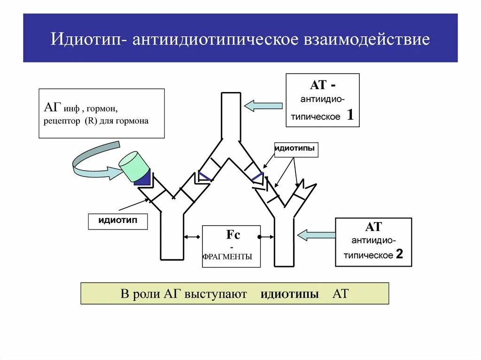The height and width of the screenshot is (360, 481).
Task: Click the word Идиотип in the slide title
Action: coord(87,39)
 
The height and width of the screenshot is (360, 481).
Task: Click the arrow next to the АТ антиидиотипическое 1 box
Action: coord(263,106)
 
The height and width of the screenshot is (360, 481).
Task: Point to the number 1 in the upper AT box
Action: coord(350,115)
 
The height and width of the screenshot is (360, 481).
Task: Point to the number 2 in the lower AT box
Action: coord(399,254)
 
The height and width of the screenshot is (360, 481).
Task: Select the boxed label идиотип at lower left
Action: coord(117,221)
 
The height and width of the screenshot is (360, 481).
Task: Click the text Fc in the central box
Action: coord(233,235)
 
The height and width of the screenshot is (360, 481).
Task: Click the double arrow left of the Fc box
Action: coord(193,237)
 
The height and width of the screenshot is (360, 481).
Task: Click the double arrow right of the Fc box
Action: coord(268,237)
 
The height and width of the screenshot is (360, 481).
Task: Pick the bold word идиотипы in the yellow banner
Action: coord(290,294)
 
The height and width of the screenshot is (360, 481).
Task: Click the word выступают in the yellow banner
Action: coord(216,294)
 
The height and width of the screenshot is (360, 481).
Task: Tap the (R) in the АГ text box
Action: coord(90,121)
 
